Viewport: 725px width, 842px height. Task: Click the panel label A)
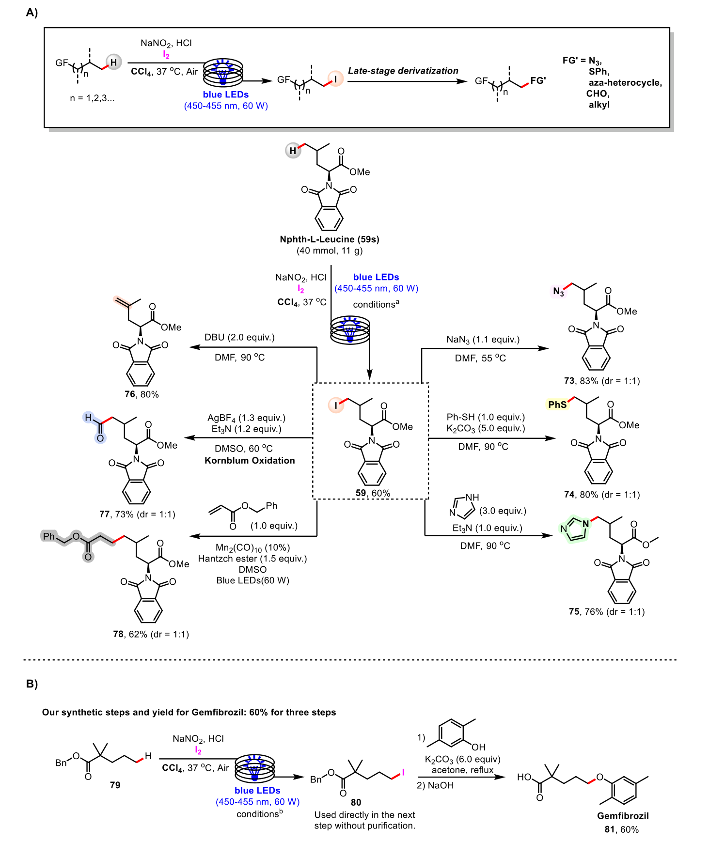[32, 13]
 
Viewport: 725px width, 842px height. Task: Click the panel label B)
[32, 684]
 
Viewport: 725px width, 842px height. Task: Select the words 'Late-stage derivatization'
[403, 71]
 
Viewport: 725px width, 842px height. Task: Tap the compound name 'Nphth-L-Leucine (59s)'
[330, 239]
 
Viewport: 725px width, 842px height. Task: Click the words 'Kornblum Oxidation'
[250, 460]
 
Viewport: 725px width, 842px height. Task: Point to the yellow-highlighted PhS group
[557, 404]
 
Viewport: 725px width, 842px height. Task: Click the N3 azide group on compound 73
[558, 292]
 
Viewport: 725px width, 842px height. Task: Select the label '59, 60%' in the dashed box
[373, 493]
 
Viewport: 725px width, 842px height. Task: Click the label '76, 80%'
[142, 394]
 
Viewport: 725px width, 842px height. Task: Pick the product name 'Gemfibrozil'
[623, 816]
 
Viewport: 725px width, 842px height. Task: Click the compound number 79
[115, 785]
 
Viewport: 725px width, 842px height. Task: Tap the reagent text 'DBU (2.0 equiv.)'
[239, 337]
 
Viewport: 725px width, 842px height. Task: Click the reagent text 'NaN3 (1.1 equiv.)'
[483, 340]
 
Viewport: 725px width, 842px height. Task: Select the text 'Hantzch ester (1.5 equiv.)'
[252, 559]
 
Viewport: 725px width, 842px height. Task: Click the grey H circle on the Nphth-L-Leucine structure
[293, 151]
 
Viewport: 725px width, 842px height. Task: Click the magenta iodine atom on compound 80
[403, 772]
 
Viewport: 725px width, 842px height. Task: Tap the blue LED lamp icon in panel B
[255, 767]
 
